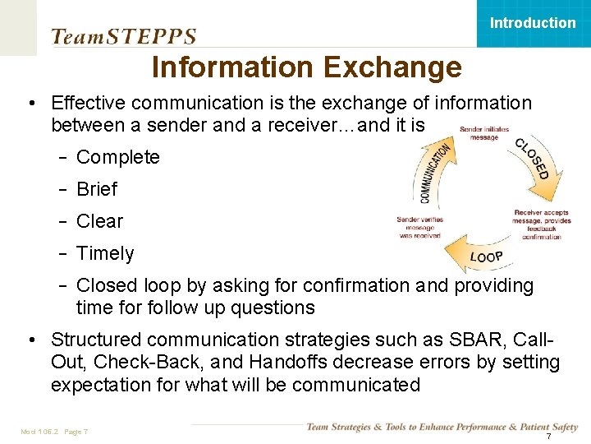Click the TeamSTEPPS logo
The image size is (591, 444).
(x=124, y=36)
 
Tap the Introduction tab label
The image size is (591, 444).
(x=533, y=23)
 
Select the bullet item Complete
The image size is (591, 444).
(x=117, y=157)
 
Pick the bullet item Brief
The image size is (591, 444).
(x=97, y=189)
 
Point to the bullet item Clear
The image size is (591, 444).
(x=99, y=221)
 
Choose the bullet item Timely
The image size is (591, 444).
(x=104, y=253)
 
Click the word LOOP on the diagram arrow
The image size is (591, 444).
(x=486, y=257)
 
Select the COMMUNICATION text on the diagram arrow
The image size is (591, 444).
(x=435, y=172)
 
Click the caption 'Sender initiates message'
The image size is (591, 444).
(x=483, y=133)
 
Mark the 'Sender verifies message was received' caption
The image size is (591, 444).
(x=419, y=227)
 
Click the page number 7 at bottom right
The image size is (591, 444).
(x=548, y=435)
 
